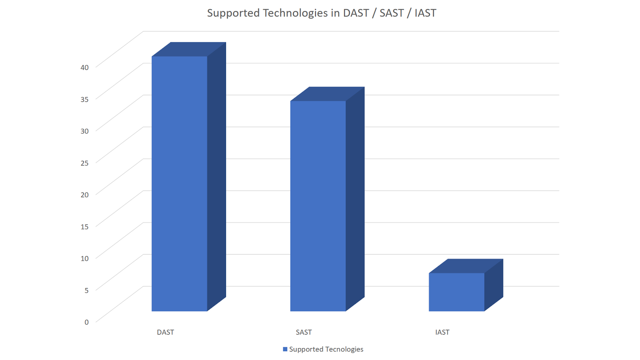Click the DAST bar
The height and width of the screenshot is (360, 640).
tap(179, 184)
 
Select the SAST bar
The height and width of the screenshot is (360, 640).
tap(318, 206)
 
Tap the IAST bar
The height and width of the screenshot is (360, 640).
tap(456, 292)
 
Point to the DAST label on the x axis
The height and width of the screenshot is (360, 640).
tap(165, 332)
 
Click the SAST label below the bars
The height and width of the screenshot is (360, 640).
tap(304, 332)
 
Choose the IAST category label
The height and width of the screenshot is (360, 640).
tap(442, 332)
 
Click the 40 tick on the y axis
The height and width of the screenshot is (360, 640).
tap(84, 67)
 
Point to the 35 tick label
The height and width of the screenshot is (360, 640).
tap(84, 99)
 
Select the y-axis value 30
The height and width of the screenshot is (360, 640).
tap(84, 131)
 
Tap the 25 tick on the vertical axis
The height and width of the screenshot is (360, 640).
tap(84, 163)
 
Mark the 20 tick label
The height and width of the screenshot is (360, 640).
tap(84, 195)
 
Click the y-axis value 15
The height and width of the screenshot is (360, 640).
tap(84, 226)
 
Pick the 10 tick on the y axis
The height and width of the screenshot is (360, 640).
tap(84, 258)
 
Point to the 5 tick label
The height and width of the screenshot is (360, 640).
tap(86, 290)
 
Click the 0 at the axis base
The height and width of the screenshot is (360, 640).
tap(86, 322)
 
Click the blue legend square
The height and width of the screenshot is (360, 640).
tap(285, 349)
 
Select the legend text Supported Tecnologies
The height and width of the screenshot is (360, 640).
tap(326, 349)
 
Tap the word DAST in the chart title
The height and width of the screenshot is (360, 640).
tap(356, 13)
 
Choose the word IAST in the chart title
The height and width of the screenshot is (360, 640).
tap(425, 13)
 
